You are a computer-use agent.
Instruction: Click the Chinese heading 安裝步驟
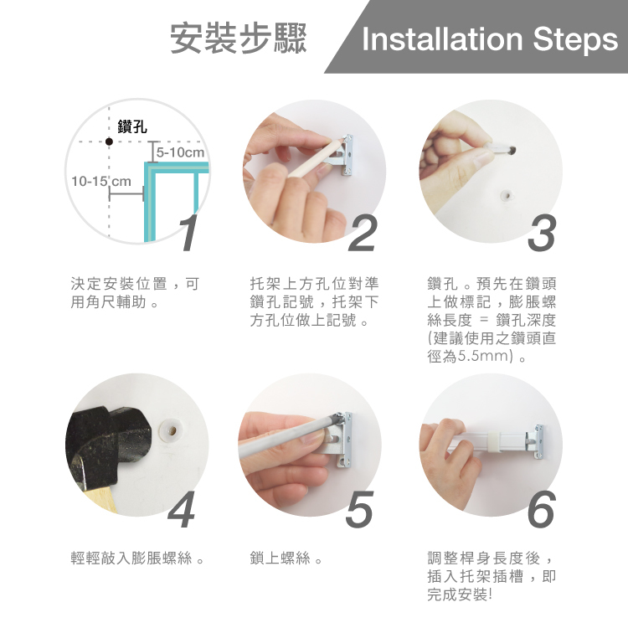pos(239,39)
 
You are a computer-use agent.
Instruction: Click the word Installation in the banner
pos(443,39)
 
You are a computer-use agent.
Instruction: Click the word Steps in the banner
pos(575,42)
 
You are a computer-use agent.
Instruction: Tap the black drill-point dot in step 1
pos(109,142)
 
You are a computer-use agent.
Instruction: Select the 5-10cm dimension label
pos(180,152)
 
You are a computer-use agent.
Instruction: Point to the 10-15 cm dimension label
pos(101,182)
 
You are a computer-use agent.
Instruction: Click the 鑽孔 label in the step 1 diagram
pos(132,126)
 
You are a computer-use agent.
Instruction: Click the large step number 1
pos(188,233)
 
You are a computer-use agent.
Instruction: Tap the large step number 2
pos(363,233)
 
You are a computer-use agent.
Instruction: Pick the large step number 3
pos(542,233)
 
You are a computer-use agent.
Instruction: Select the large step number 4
pos(182,509)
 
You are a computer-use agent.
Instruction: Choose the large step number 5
pos(359,509)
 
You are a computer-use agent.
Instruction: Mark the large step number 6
pos(542,509)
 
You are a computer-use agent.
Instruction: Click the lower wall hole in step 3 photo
pos(507,196)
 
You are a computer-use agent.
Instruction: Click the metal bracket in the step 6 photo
pos(535,440)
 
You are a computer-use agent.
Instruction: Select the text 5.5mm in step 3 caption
pos(485,356)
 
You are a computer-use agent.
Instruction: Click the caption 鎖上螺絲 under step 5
pos(280,558)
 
